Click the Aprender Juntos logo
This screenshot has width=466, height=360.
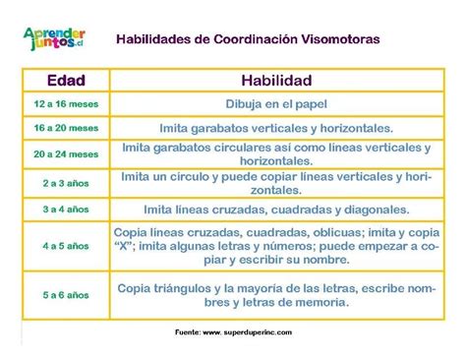tap(57, 40)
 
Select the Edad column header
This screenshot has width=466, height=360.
tap(66, 80)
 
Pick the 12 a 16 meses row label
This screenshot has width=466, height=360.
tap(66, 103)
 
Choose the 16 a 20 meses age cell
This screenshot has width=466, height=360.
tap(66, 128)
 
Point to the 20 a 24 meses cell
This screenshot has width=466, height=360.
tap(66, 154)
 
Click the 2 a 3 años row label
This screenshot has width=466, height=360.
tap(66, 183)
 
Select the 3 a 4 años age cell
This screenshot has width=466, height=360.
tap(66, 210)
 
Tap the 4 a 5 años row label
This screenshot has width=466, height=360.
tap(66, 245)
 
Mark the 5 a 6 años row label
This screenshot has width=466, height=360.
tap(66, 294)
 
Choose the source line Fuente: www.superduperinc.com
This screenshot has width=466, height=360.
tap(232, 332)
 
